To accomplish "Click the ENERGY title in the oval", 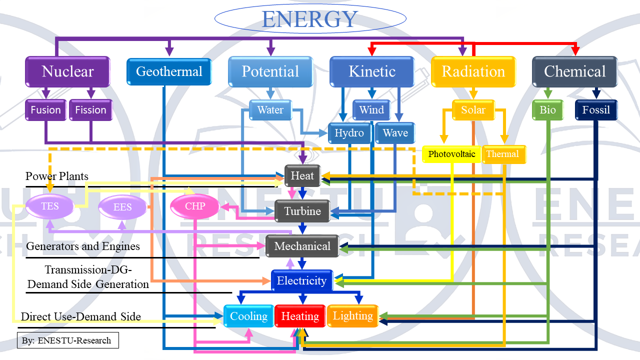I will pyautogui.click(x=309, y=19).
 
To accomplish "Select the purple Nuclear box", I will pyautogui.click(x=67, y=71).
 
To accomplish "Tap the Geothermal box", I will pyautogui.click(x=169, y=71).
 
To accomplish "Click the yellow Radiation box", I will pyautogui.click(x=473, y=71).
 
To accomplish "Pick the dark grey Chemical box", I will pyautogui.click(x=574, y=71).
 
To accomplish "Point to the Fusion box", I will pyautogui.click(x=45, y=110).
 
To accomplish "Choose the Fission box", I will pyautogui.click(x=90, y=110).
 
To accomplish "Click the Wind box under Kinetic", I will pyautogui.click(x=371, y=110).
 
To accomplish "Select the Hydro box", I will pyautogui.click(x=349, y=133).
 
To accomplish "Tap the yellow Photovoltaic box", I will pyautogui.click(x=451, y=154).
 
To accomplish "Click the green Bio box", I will pyautogui.click(x=547, y=110).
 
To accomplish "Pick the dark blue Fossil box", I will pyautogui.click(x=596, y=110).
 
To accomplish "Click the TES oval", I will pyautogui.click(x=49, y=206).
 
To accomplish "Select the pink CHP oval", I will pyautogui.click(x=195, y=206).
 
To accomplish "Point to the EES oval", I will pyautogui.click(x=122, y=207).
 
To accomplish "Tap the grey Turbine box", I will pyautogui.click(x=302, y=211).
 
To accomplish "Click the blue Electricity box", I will pyautogui.click(x=301, y=281).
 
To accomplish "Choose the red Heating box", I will pyautogui.click(x=300, y=316).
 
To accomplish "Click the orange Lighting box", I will pyautogui.click(x=352, y=316).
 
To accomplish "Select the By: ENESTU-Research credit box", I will pyautogui.click(x=67, y=340).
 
